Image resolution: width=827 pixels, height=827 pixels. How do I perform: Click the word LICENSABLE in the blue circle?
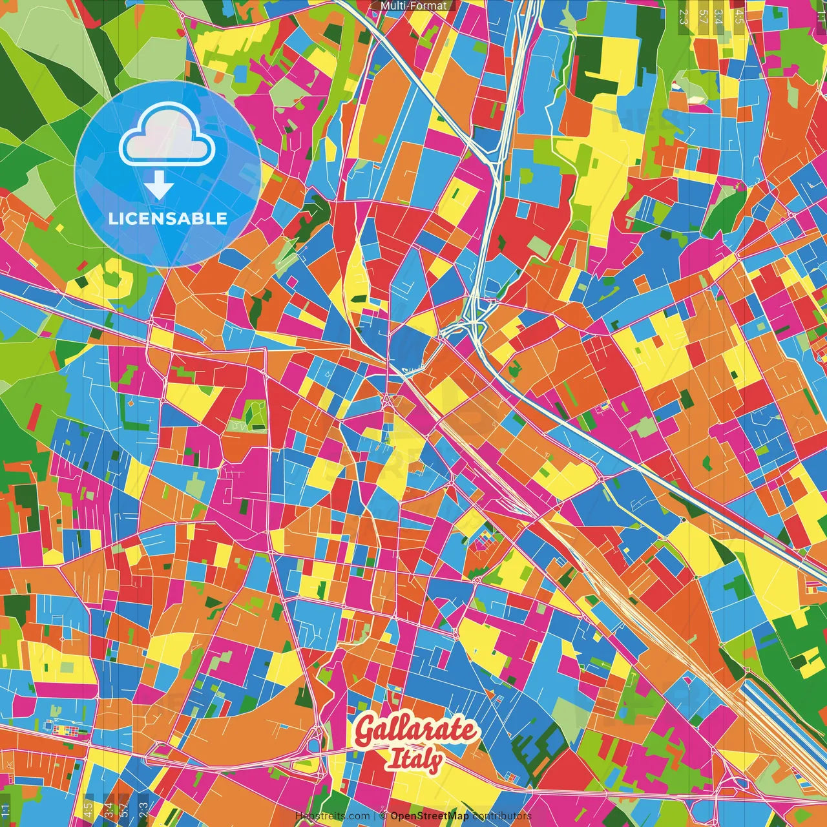tap(168, 218)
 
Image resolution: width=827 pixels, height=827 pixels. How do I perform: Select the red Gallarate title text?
tap(417, 731)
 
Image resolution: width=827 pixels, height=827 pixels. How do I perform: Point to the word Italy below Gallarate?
tap(414, 760)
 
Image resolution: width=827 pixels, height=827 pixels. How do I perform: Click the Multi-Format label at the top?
tap(413, 6)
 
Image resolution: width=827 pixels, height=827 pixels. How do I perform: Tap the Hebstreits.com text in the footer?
tap(332, 816)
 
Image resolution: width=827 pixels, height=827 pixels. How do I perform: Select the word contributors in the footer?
tap(502, 816)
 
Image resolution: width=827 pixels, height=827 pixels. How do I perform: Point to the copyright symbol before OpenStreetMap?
tap(383, 816)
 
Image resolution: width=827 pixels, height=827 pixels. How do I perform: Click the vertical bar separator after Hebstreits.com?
tap(375, 816)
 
